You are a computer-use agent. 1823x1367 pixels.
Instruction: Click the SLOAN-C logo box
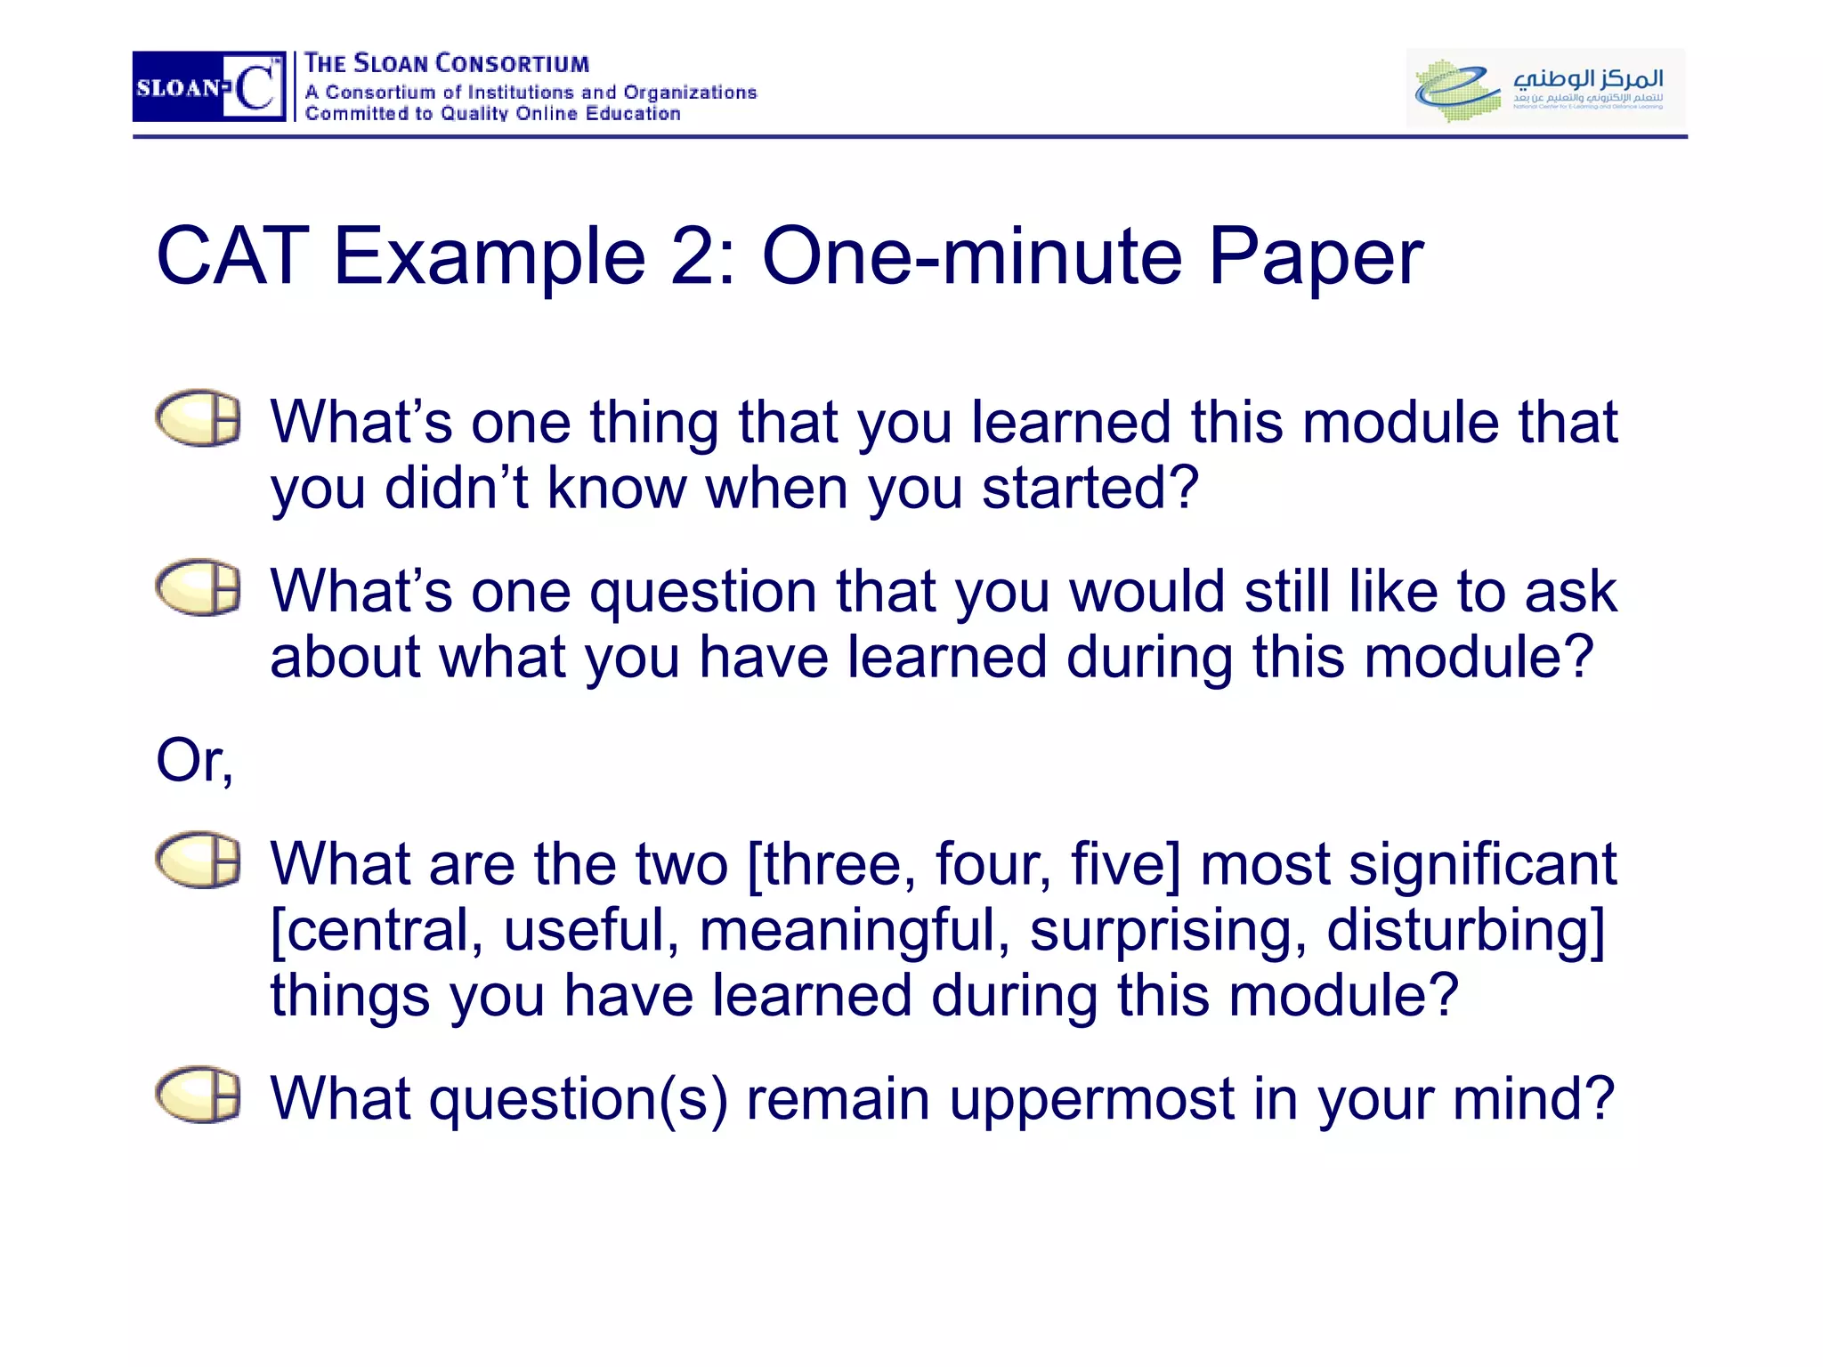[209, 86]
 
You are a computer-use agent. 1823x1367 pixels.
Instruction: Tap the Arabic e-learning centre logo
[1545, 87]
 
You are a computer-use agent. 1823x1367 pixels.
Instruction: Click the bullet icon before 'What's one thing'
[199, 417]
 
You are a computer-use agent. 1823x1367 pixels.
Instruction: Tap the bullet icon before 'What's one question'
[199, 587]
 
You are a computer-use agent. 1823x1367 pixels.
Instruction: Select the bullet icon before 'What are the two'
[199, 860]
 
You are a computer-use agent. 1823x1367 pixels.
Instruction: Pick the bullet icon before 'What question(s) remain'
[199, 1094]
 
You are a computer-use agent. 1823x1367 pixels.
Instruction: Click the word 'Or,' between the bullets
[195, 762]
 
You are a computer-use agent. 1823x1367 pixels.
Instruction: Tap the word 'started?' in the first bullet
[1090, 489]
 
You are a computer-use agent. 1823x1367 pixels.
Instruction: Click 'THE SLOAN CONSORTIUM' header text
[447, 64]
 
